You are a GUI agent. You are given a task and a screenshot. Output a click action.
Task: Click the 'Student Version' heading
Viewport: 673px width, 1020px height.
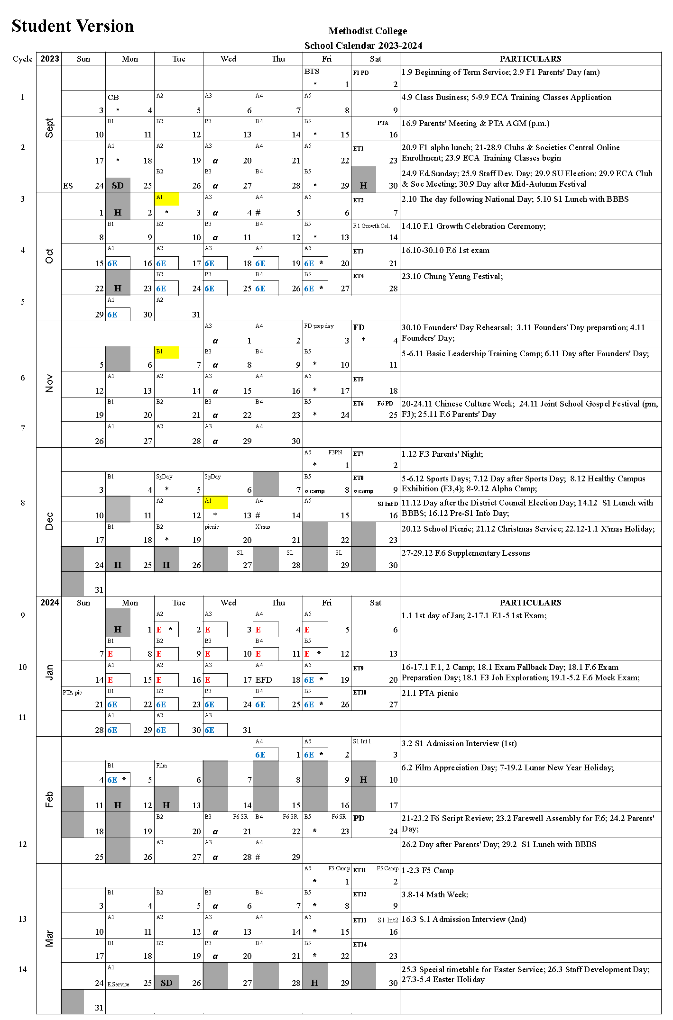click(73, 26)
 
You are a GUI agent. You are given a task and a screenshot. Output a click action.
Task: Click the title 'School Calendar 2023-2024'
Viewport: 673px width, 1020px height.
click(363, 45)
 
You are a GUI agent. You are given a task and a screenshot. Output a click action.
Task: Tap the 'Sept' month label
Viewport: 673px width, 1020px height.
click(49, 128)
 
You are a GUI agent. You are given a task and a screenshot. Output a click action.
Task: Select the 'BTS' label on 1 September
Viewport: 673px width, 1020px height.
click(312, 72)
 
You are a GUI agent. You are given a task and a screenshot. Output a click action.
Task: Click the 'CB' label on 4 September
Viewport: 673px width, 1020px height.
click(113, 98)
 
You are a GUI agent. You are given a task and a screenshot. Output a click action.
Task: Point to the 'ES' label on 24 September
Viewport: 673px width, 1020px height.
click(68, 186)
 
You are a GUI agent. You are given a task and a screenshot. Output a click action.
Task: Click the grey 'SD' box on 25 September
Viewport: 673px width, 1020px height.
click(118, 185)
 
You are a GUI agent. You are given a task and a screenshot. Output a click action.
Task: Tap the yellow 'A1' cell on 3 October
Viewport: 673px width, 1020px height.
click(167, 198)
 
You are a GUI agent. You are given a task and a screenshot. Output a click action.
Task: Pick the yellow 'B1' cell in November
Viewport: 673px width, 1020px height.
click(167, 352)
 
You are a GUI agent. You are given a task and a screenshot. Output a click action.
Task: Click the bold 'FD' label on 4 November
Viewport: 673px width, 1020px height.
click(359, 327)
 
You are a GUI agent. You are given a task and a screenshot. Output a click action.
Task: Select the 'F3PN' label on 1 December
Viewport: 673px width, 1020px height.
click(335, 452)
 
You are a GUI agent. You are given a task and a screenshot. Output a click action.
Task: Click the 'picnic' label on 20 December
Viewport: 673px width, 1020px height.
click(212, 527)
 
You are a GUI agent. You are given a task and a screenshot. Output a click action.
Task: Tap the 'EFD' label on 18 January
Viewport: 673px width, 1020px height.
click(264, 680)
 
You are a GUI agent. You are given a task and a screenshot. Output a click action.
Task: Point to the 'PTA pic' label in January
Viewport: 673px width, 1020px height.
click(72, 693)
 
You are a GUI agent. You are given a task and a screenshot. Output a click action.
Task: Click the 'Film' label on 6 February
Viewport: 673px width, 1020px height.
click(161, 766)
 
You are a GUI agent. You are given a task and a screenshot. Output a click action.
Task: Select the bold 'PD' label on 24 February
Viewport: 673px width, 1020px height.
click(359, 818)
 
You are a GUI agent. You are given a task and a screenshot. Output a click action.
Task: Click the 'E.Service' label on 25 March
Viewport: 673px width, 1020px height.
click(118, 984)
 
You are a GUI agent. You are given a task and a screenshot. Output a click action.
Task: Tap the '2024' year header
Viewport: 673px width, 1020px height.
click(49, 603)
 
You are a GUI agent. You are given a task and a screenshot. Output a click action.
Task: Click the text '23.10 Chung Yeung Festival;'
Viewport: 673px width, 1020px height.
click(452, 276)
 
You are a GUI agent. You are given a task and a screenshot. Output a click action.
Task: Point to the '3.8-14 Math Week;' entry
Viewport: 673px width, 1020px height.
click(434, 894)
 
